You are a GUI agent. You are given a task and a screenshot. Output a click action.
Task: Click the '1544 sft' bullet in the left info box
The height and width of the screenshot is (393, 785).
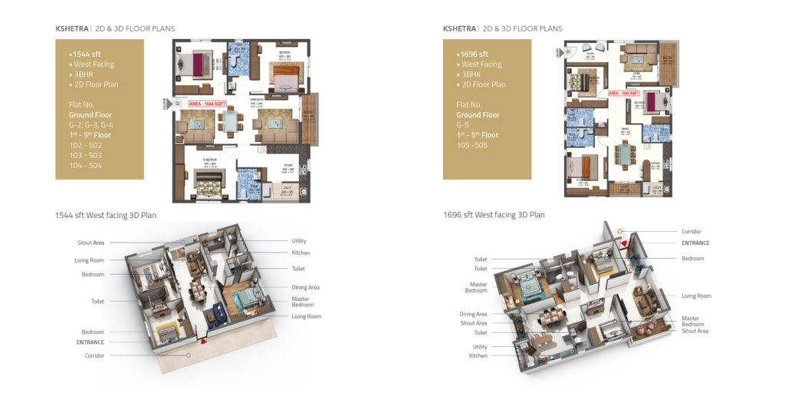point(87,54)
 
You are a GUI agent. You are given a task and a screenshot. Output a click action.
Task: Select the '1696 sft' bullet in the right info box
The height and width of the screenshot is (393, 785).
point(475,54)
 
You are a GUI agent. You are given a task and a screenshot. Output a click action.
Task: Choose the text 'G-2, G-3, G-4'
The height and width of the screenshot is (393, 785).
point(91,124)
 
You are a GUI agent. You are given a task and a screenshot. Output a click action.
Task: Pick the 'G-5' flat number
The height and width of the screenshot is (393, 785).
point(463,124)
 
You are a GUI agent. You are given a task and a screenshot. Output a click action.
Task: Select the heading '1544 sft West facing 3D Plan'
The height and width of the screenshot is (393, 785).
point(106,215)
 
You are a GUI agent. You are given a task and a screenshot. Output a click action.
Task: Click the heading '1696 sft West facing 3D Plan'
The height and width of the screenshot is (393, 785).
point(494,215)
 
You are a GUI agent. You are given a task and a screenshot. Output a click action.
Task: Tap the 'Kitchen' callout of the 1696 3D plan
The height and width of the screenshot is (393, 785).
point(478,356)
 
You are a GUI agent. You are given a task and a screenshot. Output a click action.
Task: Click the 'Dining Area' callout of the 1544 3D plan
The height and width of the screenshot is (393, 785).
point(306,287)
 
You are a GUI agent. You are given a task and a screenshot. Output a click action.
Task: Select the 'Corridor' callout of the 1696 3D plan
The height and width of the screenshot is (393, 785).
point(691,231)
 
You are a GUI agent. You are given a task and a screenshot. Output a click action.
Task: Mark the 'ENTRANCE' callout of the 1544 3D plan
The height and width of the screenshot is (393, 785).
point(90,342)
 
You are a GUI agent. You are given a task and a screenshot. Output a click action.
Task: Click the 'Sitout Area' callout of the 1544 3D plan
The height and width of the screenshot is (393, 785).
point(90,243)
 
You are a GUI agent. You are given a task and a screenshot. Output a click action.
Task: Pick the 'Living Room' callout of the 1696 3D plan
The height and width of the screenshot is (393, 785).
point(697,296)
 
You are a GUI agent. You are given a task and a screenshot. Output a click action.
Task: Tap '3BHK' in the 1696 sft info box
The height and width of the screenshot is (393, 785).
point(471,74)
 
